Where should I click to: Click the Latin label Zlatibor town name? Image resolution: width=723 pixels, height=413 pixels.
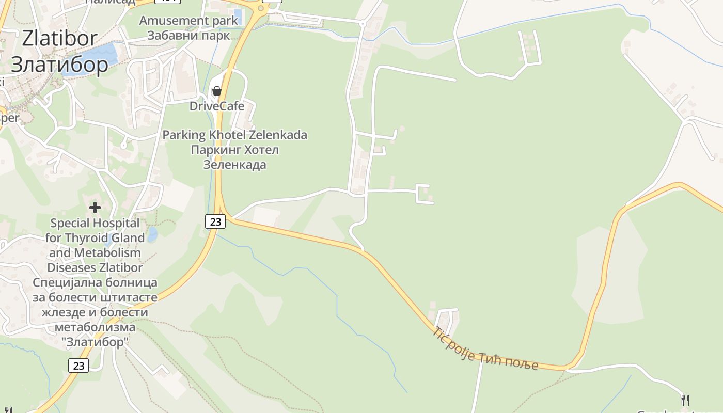coord(59,38)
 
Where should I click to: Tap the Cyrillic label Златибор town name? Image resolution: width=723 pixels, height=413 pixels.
coord(59,65)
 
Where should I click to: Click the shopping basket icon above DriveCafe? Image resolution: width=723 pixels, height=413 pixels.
coord(217,91)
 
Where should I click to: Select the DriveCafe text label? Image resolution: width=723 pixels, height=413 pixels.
coord(217,106)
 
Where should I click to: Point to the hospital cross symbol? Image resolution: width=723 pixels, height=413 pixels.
coord(95,208)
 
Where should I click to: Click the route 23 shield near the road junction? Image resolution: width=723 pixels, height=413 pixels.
coord(215,221)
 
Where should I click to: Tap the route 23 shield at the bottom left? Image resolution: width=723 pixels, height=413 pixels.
coord(78,366)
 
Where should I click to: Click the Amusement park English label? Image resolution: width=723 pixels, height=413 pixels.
coord(189,21)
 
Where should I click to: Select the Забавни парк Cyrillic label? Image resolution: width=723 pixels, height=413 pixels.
coord(188,36)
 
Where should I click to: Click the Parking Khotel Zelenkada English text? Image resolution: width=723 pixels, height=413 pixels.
coord(235,135)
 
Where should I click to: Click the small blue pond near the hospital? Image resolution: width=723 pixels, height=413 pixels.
coord(152,235)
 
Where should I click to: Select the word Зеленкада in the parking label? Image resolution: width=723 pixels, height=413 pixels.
coord(235,165)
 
